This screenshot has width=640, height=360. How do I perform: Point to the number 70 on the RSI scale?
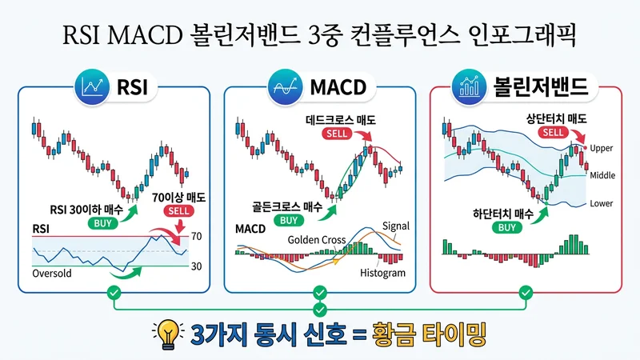pos(195,237)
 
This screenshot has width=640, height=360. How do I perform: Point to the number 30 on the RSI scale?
pos(195,266)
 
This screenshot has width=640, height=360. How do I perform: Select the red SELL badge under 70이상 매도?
pos(178,212)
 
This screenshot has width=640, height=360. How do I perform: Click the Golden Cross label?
pos(317,239)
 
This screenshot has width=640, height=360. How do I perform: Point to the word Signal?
pos(396,226)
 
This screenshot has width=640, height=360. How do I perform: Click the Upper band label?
pos(601,149)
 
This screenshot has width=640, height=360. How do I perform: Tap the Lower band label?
pos(601,203)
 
